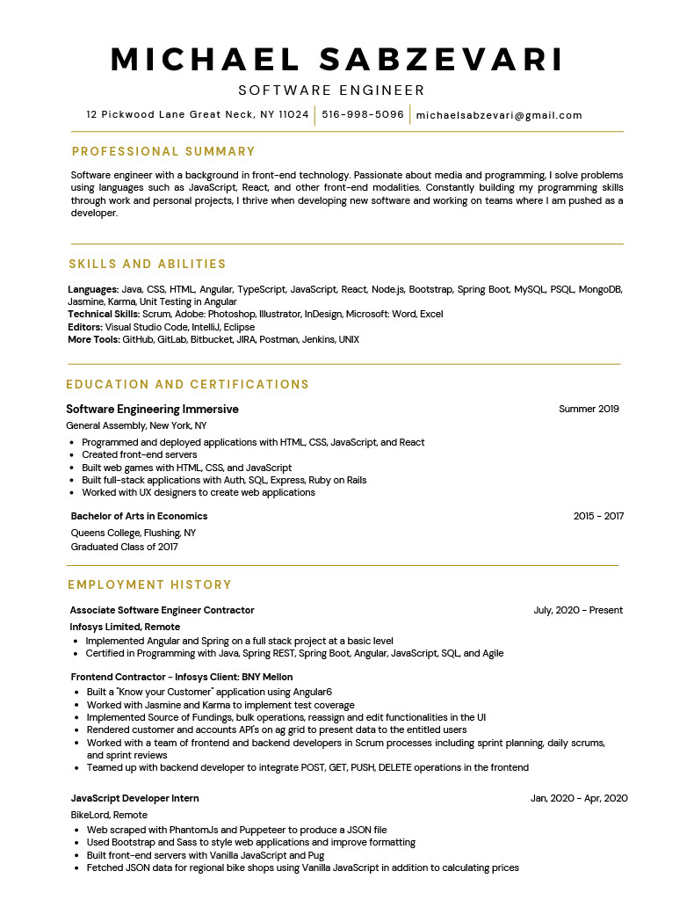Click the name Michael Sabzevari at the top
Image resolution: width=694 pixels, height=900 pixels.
click(337, 60)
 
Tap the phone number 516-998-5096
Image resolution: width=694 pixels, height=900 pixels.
click(363, 114)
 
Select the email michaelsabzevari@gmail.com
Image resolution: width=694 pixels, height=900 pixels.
click(499, 115)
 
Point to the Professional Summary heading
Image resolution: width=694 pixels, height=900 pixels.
click(163, 151)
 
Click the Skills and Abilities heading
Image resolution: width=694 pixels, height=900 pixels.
click(148, 264)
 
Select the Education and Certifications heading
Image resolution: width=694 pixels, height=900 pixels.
click(188, 384)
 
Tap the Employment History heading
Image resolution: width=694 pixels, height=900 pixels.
click(150, 584)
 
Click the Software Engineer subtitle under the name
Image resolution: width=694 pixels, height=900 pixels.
click(331, 91)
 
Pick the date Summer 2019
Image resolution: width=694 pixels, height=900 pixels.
click(589, 409)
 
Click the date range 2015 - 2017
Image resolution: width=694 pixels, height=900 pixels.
click(598, 516)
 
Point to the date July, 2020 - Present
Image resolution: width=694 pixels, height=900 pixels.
click(578, 610)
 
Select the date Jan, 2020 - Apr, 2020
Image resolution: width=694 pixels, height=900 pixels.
click(579, 798)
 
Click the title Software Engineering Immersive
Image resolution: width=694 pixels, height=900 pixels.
click(152, 409)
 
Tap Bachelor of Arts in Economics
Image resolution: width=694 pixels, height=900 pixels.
click(139, 516)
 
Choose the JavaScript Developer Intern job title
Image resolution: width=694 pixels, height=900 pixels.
click(134, 798)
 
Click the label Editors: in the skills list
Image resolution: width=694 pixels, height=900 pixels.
click(85, 327)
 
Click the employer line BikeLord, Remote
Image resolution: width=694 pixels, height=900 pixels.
click(109, 815)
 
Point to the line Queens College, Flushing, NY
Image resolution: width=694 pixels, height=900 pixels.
click(134, 533)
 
